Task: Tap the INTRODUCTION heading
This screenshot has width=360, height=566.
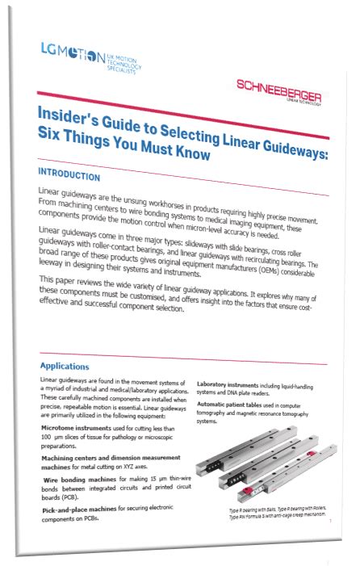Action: [69, 174]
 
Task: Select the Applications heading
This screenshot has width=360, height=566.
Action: [64, 366]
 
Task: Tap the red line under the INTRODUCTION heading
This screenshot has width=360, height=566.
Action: [186, 190]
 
